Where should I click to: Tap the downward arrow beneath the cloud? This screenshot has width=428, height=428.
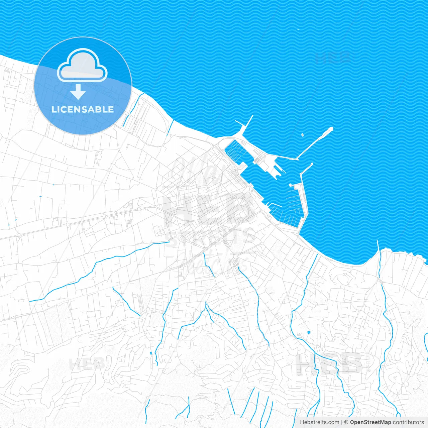click(78, 92)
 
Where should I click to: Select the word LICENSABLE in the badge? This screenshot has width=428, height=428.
click(83, 109)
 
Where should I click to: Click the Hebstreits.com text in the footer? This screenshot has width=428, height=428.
click(319, 422)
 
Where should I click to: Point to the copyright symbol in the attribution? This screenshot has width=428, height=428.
click(346, 422)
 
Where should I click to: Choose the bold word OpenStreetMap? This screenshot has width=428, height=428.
click(370, 422)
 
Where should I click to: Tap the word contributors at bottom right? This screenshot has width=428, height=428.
click(408, 422)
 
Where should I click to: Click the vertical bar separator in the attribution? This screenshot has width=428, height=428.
click(342, 422)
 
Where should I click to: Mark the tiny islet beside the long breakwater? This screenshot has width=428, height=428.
click(303, 135)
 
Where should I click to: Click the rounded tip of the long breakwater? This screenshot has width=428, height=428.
click(331, 129)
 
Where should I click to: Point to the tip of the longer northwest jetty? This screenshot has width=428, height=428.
click(252, 116)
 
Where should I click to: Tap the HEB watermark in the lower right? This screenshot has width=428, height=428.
click(329, 364)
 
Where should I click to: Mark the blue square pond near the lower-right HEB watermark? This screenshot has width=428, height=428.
click(308, 332)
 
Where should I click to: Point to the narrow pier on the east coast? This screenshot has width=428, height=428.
click(378, 245)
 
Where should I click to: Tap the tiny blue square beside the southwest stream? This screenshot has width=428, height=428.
click(151, 353)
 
